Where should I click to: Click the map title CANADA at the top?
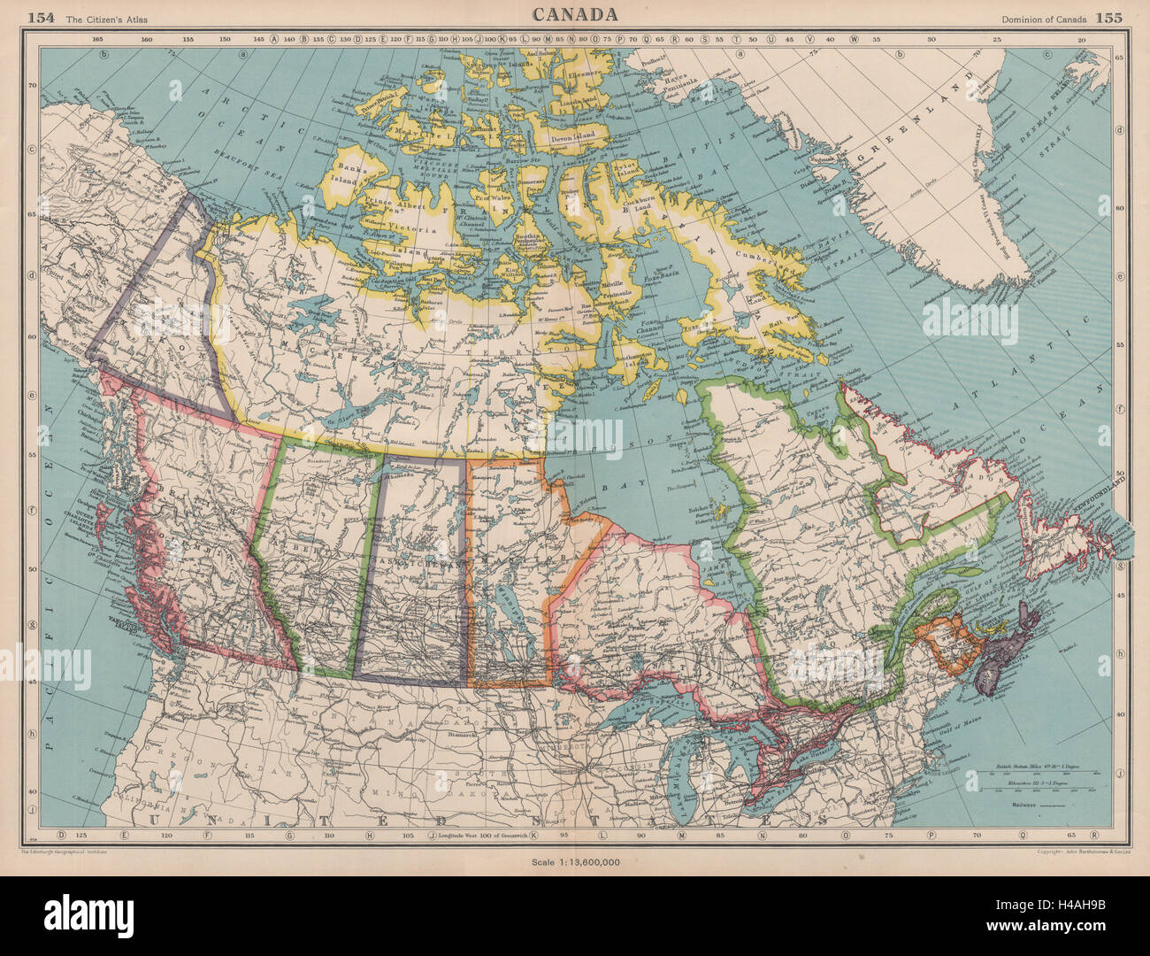coord(575,14)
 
